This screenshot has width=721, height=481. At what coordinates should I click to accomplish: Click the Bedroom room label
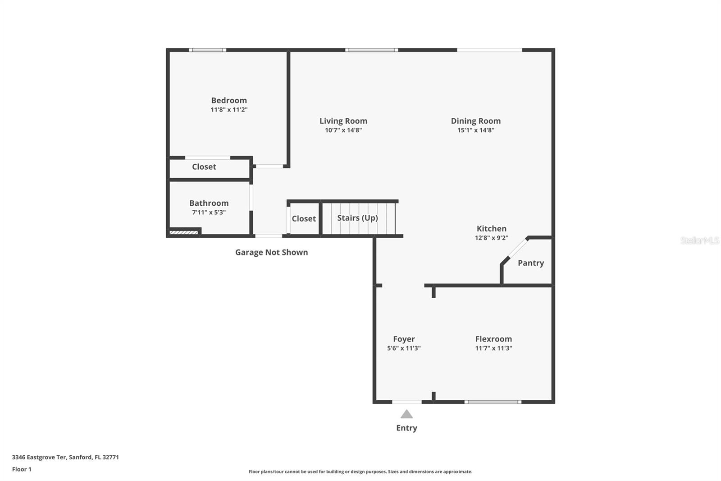[229, 100]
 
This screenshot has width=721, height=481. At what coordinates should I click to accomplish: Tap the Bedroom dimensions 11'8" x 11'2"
[229, 110]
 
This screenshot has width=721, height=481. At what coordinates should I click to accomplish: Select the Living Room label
[343, 120]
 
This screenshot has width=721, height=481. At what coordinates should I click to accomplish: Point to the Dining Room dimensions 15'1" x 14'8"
[476, 130]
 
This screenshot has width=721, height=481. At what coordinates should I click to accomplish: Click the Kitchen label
[491, 228]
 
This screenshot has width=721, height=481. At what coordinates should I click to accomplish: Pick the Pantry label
[530, 263]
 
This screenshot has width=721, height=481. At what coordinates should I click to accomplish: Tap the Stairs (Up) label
[357, 218]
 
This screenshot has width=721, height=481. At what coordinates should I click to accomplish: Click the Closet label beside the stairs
[303, 218]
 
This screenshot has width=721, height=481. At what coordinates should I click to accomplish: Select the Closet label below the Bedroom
[204, 166]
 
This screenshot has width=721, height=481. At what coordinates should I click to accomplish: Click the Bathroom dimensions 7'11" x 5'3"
[209, 213]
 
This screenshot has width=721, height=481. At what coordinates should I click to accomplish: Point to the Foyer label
[404, 339]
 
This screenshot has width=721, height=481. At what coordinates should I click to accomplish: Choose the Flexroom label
[493, 339]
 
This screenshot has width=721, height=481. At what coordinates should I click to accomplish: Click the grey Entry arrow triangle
[406, 414]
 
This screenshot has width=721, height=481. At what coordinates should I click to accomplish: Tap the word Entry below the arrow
[406, 428]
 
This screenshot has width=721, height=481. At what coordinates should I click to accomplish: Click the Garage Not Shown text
[271, 252]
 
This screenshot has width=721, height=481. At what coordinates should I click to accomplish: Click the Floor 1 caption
[22, 469]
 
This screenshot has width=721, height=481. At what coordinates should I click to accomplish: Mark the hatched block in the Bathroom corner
[184, 232]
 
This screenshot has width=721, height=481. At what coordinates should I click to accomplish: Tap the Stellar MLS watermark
[699, 240]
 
